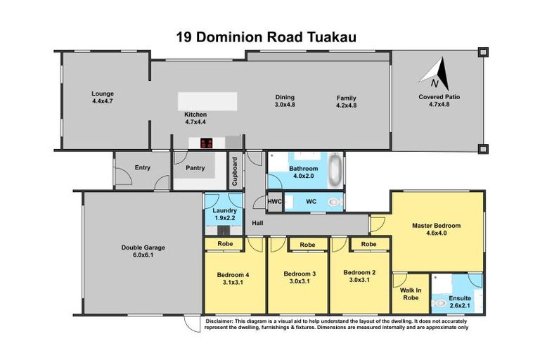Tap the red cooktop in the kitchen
tap(207, 143)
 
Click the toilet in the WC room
tap(335, 202)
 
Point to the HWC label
tap(274, 202)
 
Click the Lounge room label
tap(103, 94)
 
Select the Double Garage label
tap(137, 247)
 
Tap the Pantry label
tap(195, 168)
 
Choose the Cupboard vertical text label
tap(235, 171)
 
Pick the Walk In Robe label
tap(411, 293)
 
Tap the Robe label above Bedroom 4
tap(225, 244)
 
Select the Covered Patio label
tap(439, 97)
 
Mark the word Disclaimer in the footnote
tap(220, 321)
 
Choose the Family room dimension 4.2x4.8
tap(347, 105)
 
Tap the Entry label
tap(143, 167)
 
